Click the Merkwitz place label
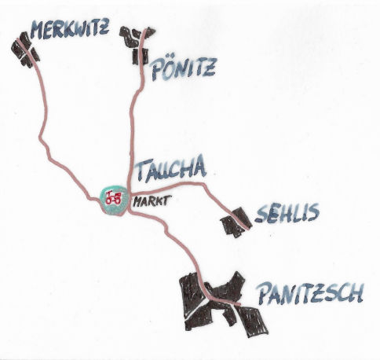70,29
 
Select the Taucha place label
170,169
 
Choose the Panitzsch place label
310,293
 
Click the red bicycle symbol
113,198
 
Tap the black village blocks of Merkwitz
25,50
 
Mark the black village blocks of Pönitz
137,45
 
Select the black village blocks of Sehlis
236,222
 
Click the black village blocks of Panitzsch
222,304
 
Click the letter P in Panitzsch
265,293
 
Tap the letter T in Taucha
143,171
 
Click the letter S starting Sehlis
261,213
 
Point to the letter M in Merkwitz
38,31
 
